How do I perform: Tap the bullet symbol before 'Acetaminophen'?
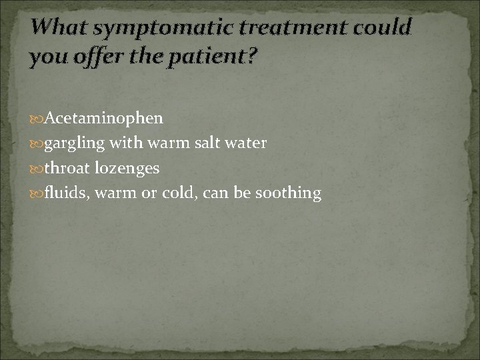(x=37, y=119)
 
